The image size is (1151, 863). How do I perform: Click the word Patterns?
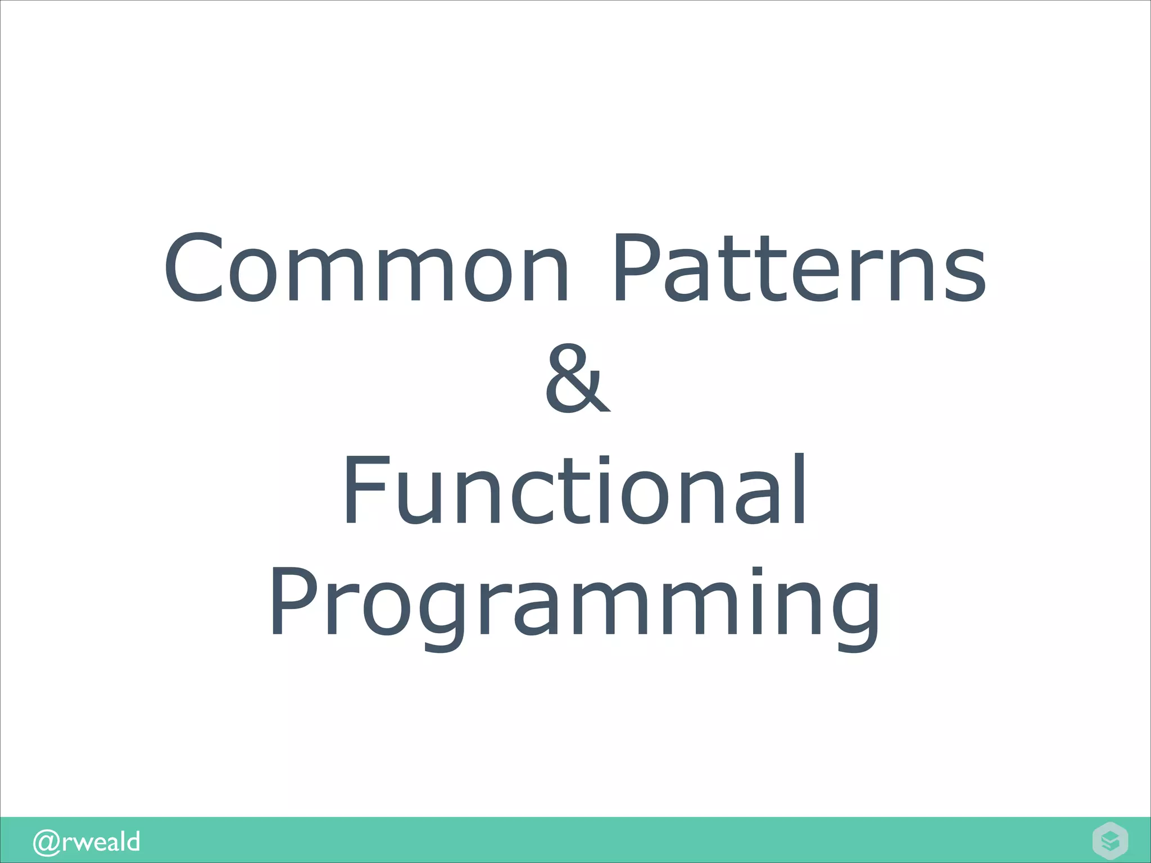point(798,269)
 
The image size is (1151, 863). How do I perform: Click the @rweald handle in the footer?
point(86,842)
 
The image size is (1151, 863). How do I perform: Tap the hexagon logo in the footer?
point(1110,841)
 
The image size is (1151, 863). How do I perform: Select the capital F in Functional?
point(365,490)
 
